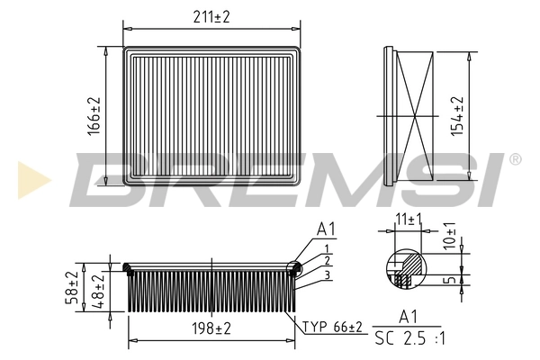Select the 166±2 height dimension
(x=93, y=115)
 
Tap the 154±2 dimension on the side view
(x=458, y=114)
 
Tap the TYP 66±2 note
(x=331, y=326)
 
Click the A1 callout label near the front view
(x=326, y=231)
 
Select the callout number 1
(x=328, y=248)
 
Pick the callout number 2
(x=328, y=260)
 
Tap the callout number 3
(x=328, y=274)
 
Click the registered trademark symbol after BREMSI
(x=514, y=159)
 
